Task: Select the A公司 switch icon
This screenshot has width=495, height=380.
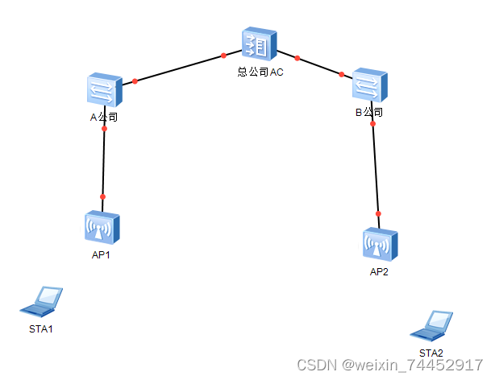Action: [x=105, y=91]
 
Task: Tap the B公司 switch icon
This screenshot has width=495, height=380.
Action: [x=370, y=85]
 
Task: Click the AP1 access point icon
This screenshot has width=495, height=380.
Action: [x=102, y=229]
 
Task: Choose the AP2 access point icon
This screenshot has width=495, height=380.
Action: [x=380, y=245]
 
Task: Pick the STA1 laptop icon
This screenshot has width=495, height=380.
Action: [x=42, y=301]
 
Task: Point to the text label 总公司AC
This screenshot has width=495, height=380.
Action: [x=260, y=72]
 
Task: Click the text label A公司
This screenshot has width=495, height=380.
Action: [x=104, y=117]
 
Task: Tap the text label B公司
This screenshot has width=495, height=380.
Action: [x=369, y=112]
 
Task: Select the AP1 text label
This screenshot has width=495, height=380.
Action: [x=101, y=256]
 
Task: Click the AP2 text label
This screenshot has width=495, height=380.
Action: [x=379, y=272]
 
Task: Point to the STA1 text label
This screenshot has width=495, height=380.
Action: [x=40, y=329]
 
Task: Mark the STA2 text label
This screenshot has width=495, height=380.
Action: [x=431, y=353]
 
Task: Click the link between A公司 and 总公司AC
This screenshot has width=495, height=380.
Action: [x=179, y=68]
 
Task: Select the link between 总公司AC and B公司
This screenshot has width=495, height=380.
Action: [x=319, y=66]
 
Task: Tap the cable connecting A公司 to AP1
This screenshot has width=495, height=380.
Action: [x=103, y=163]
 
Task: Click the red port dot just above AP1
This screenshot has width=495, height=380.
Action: [x=102, y=196]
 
